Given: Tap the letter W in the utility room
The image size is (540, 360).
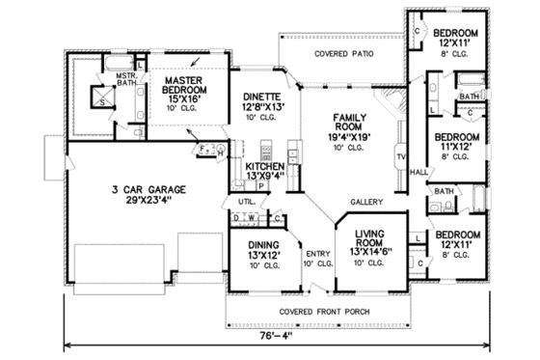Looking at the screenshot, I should pos(247,218).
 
